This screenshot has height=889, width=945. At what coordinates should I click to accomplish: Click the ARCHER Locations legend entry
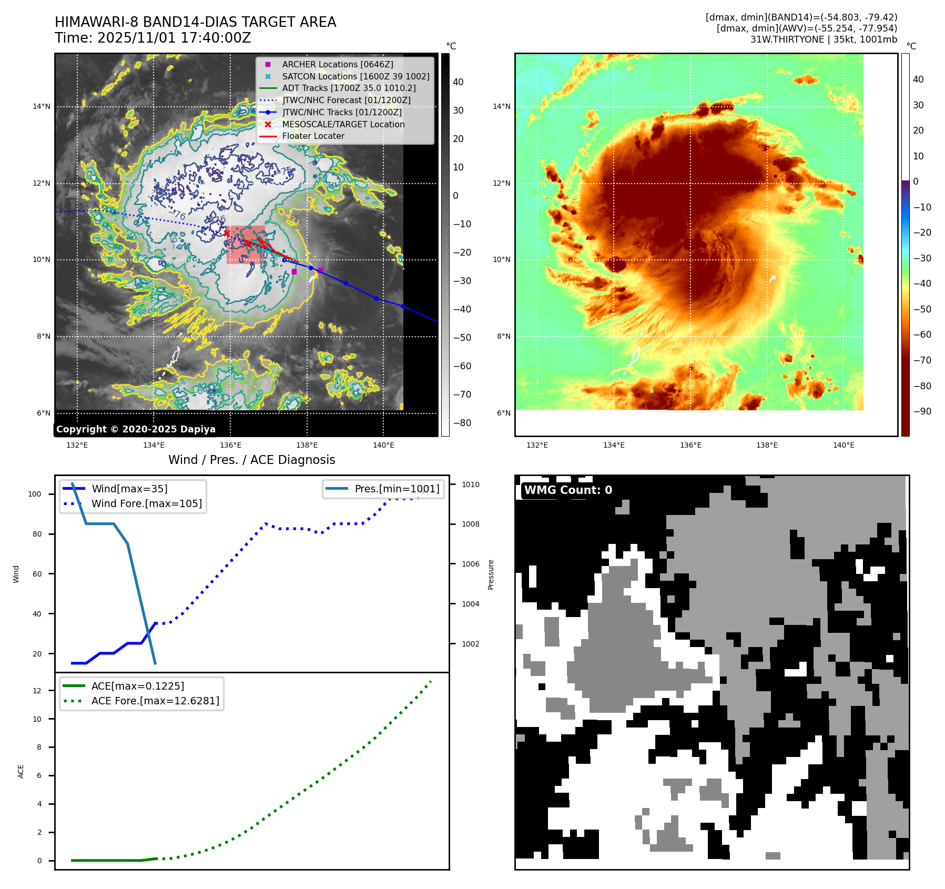pyautogui.click(x=337, y=64)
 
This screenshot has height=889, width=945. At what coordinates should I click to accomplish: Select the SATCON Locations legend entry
pyautogui.click(x=355, y=76)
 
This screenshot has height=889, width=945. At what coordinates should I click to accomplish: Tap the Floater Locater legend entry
pyautogui.click(x=313, y=136)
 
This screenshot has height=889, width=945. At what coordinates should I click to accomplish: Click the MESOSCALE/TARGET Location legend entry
pyautogui.click(x=343, y=124)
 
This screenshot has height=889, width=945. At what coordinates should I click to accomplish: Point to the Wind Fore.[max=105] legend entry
pyautogui.click(x=146, y=503)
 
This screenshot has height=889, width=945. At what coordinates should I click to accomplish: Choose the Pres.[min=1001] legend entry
pyautogui.click(x=397, y=489)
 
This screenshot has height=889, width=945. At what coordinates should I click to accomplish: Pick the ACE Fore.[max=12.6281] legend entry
pyautogui.click(x=155, y=701)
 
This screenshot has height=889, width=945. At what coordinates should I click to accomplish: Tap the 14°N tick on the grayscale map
pyautogui.click(x=42, y=106)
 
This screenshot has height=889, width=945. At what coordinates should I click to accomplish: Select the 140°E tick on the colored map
pyautogui.click(x=844, y=445)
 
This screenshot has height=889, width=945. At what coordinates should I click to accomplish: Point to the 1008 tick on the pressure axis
pyautogui.click(x=471, y=524)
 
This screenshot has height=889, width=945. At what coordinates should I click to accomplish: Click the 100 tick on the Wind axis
pyautogui.click(x=35, y=494)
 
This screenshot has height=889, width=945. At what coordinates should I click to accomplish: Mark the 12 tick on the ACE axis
pyautogui.click(x=37, y=691)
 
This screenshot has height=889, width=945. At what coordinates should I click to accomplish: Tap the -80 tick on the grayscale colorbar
pyautogui.click(x=462, y=423)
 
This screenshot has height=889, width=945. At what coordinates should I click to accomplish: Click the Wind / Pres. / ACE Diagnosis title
pyautogui.click(x=251, y=460)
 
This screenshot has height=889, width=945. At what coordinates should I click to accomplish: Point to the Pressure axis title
pyautogui.click(x=491, y=574)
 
